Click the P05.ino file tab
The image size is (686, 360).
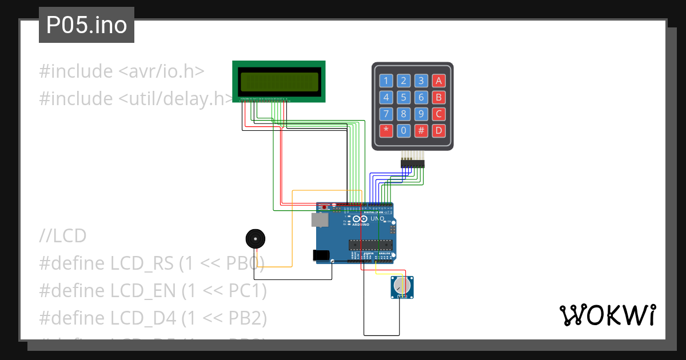click(x=86, y=25)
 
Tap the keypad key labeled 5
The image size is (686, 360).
click(x=404, y=97)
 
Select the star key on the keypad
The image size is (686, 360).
click(x=386, y=130)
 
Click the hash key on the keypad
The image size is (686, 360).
click(x=421, y=130)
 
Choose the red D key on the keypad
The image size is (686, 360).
click(x=438, y=130)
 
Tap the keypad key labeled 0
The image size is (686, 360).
click(x=404, y=130)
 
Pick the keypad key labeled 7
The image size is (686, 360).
click(x=386, y=114)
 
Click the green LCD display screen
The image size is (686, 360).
click(x=279, y=82)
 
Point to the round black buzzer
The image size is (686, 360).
click(x=254, y=238)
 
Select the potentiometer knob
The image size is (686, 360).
click(x=402, y=286)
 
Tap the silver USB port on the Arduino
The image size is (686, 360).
click(x=320, y=220)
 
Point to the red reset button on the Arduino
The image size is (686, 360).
click(x=324, y=206)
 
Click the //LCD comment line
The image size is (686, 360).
click(x=63, y=235)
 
